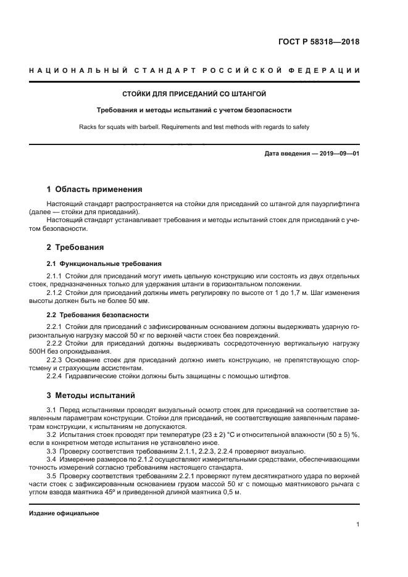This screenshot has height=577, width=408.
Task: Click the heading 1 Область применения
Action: (x=94, y=189)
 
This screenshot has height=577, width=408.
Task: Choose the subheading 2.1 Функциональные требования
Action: (x=95, y=263)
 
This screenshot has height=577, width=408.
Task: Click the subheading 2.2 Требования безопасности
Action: (x=91, y=315)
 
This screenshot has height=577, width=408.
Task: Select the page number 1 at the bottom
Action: (x=357, y=525)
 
